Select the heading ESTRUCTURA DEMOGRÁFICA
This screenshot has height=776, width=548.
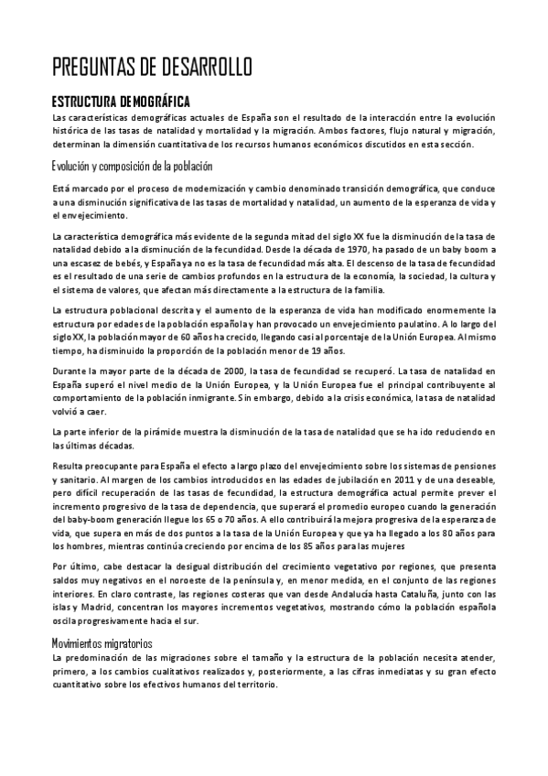click(121, 100)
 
